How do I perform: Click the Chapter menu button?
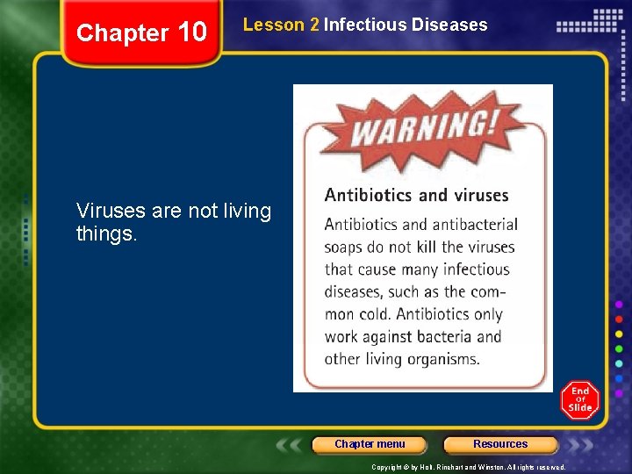pyautogui.click(x=370, y=444)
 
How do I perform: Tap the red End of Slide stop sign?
pyautogui.click(x=579, y=400)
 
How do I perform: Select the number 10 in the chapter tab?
pyautogui.click(x=191, y=33)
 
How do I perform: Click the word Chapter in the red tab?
pyautogui.click(x=122, y=33)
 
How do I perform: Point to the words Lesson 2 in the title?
pyautogui.click(x=281, y=25)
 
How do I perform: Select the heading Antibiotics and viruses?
pyautogui.click(x=416, y=195)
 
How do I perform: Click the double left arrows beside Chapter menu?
pyautogui.click(x=291, y=445)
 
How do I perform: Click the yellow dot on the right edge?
pyautogui.click(x=619, y=334)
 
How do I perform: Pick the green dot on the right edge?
pyautogui.click(x=619, y=348)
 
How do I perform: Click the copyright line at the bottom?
pyautogui.click(x=468, y=467)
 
